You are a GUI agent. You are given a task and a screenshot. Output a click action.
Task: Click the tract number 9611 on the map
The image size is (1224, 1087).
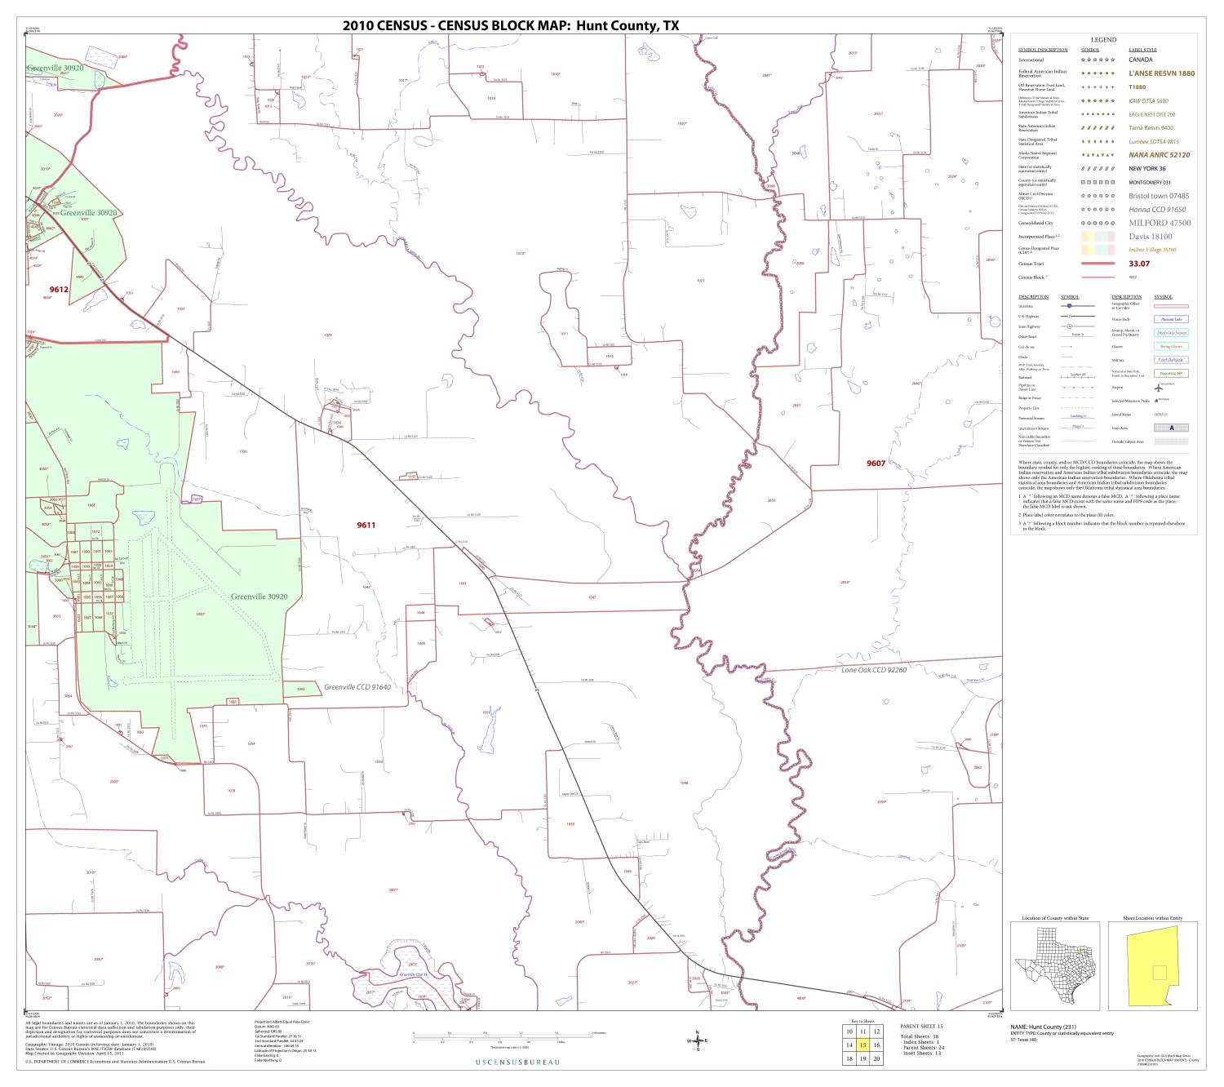click(x=366, y=525)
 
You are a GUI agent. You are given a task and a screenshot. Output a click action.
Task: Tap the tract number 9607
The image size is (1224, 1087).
click(x=876, y=464)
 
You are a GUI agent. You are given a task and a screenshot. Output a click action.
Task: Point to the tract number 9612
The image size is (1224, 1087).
click(x=59, y=289)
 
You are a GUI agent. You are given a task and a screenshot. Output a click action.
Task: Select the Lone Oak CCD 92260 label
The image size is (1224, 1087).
click(x=874, y=669)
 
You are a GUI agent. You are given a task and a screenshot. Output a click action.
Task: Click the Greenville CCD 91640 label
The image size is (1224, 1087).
click(x=357, y=687)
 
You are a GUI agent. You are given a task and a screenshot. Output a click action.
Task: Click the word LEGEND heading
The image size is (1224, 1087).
click(x=1103, y=40)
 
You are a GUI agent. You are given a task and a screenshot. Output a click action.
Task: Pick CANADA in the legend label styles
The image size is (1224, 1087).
click(x=1140, y=60)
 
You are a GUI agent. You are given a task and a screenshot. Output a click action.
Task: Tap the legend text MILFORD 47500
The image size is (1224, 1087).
click(x=1159, y=223)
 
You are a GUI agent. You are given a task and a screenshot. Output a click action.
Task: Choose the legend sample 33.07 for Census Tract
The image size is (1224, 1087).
click(x=1139, y=264)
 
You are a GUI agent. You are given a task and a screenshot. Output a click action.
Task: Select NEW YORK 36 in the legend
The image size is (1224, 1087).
click(x=1147, y=168)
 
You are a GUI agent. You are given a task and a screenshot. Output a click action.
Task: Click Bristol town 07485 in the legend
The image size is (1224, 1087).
click(x=1158, y=196)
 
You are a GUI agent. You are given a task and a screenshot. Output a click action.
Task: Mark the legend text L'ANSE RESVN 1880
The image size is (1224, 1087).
click(x=1161, y=73)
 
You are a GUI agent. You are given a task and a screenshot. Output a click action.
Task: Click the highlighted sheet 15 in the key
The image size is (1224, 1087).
click(x=863, y=1045)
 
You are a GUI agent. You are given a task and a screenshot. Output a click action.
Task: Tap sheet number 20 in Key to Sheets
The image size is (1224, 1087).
click(x=876, y=1058)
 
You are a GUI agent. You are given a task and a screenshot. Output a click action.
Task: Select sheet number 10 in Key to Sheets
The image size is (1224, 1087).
click(x=849, y=1032)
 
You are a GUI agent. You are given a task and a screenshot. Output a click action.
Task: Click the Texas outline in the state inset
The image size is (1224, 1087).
click(x=1049, y=968)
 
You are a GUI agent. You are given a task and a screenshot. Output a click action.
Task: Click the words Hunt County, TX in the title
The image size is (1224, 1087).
click(x=628, y=25)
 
